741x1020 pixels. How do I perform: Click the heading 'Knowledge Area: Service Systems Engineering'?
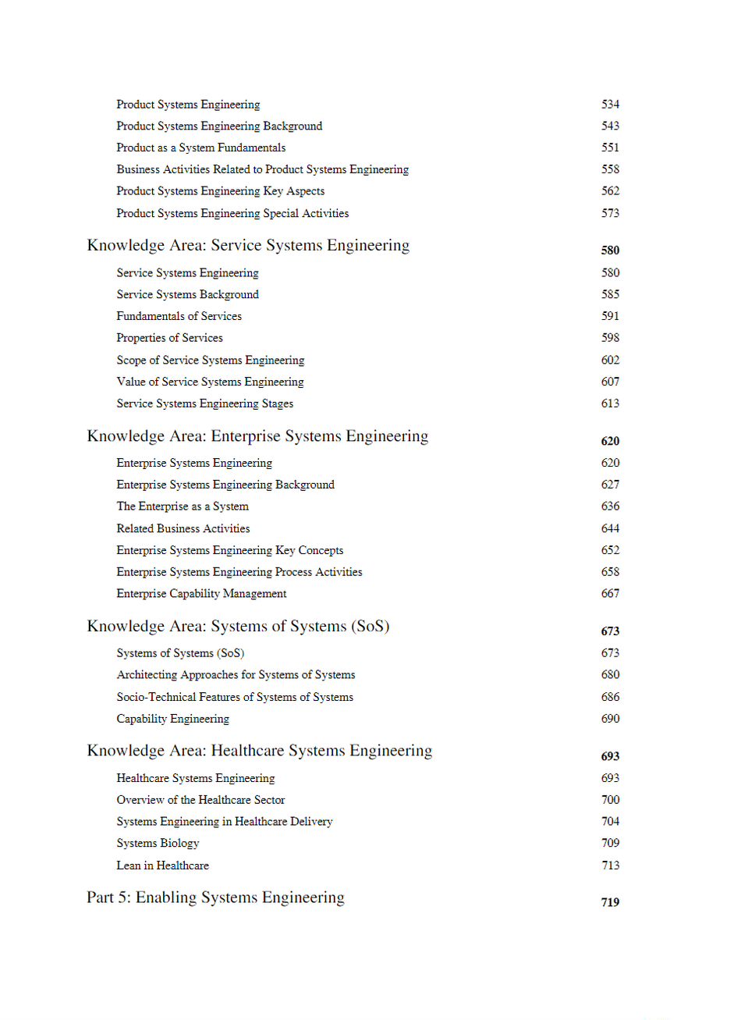248,246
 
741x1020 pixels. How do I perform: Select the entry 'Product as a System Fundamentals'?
200,147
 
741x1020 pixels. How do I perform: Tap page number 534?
610,105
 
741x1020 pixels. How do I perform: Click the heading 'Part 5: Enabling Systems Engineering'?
215,898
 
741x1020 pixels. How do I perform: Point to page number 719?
610,902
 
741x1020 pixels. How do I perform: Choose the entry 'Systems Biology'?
158,844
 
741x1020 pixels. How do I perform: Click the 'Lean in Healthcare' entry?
162,865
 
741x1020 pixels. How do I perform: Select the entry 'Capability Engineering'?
172,719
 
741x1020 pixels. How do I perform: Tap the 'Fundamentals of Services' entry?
179,316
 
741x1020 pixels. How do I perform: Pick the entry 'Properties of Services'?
169,338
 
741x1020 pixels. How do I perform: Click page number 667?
610,594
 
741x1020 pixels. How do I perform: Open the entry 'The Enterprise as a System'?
183,506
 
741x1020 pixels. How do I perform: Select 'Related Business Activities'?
183,528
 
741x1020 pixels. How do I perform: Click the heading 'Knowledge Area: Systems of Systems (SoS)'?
238,627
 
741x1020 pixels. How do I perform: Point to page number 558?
610,169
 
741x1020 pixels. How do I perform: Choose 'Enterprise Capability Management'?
201,594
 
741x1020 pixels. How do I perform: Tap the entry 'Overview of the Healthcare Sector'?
200,800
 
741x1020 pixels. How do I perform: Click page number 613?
610,403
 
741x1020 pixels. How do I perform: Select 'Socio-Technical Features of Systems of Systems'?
235,697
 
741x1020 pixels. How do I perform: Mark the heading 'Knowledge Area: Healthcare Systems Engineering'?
259,751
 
